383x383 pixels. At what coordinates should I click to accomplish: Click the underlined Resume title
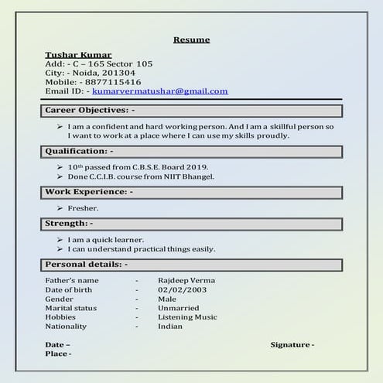191,39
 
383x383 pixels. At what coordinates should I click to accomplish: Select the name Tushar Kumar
78,54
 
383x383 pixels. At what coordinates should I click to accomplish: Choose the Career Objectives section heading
90,111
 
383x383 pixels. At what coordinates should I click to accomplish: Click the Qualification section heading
79,151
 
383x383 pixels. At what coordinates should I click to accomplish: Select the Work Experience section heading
89,191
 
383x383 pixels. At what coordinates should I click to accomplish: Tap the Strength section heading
69,224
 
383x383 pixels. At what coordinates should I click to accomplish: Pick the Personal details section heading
86,265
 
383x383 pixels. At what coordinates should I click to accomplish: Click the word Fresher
84,209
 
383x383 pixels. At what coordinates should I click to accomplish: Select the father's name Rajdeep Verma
186,280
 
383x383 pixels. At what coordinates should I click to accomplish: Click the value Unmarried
180,308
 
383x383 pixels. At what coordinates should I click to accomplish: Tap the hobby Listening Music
187,317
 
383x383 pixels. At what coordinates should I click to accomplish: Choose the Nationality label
65,327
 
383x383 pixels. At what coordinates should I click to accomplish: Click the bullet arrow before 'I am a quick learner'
60,240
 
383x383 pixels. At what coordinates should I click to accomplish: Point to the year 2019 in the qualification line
199,167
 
